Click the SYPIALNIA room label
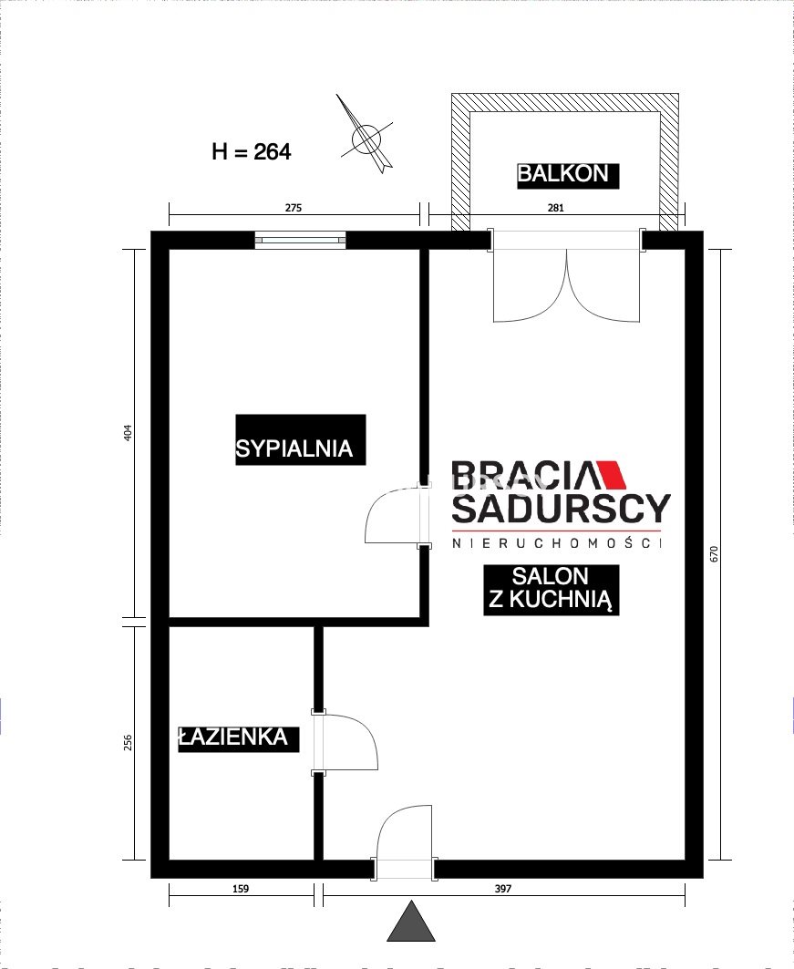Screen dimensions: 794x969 point(294,448)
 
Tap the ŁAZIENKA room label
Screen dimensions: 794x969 point(233,737)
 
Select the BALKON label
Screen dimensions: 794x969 point(562,173)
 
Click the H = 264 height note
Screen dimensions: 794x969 point(252,151)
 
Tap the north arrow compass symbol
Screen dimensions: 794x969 point(366,135)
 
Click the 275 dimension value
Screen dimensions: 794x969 point(293,208)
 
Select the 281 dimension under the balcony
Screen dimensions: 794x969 point(555,208)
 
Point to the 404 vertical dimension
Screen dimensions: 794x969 point(128,432)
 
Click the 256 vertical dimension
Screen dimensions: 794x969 point(128,741)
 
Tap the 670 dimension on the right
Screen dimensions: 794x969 point(715,553)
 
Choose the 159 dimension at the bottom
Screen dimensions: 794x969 point(241,889)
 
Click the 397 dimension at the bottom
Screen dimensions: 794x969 point(503,889)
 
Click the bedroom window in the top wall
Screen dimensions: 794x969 point(300,240)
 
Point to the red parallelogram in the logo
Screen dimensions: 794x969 point(611,475)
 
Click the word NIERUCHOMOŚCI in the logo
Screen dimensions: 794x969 point(557,543)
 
